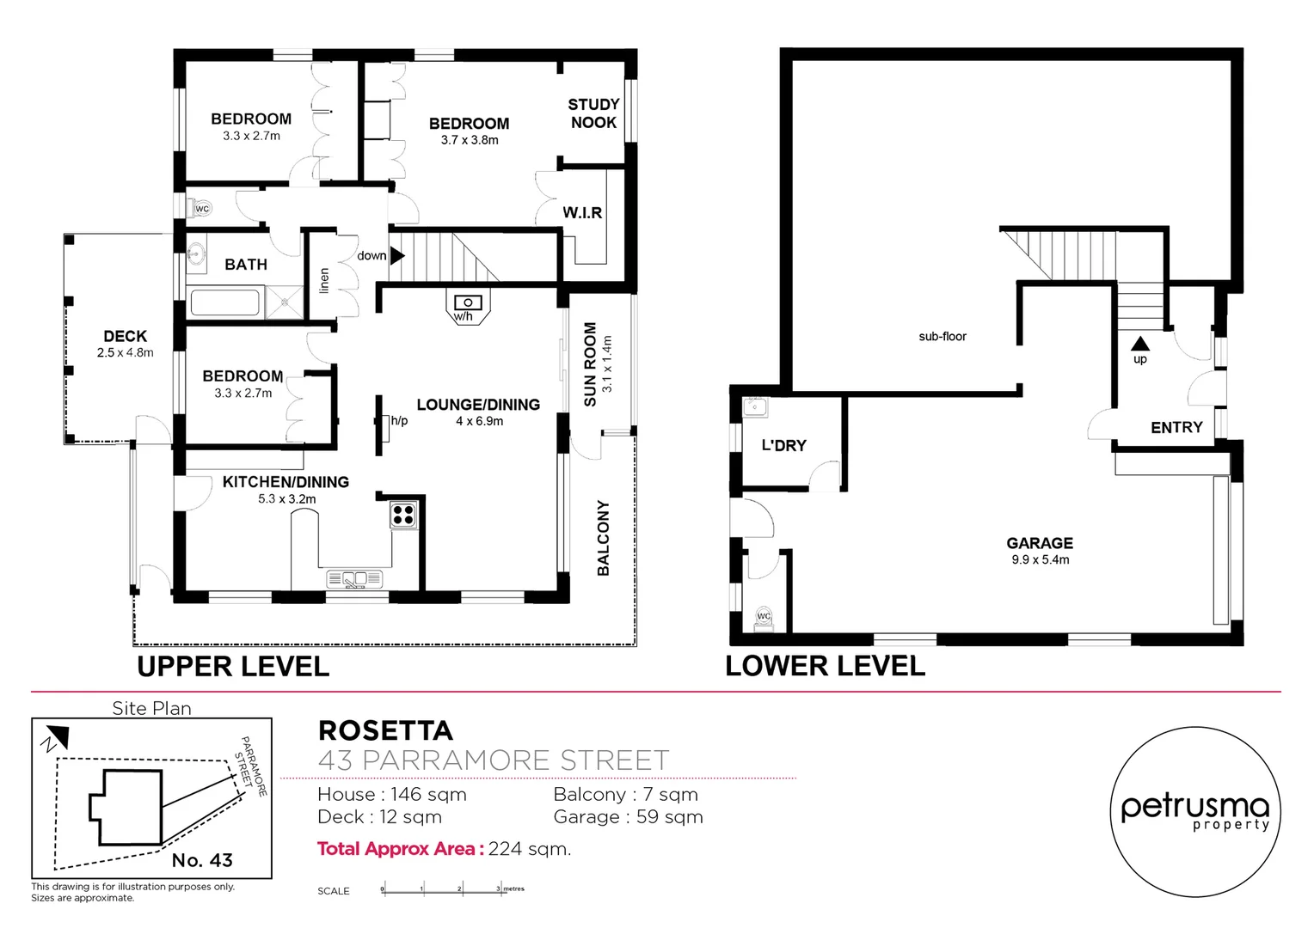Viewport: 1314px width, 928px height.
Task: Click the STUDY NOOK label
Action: coord(593,113)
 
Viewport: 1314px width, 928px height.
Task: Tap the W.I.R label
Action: coord(582,213)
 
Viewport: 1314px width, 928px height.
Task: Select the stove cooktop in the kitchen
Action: coord(403,515)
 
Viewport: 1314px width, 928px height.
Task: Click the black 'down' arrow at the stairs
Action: coord(396,255)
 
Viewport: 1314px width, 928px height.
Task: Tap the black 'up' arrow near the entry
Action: coord(1140,344)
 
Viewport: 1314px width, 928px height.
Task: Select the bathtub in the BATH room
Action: coord(224,303)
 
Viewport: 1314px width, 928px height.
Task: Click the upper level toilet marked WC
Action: coord(200,208)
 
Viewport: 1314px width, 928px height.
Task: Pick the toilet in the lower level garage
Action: coord(763,617)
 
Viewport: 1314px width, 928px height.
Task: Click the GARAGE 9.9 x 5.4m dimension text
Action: coord(1040,559)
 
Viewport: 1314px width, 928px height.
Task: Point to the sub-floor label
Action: coord(943,337)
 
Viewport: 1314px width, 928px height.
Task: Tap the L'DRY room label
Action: coord(783,445)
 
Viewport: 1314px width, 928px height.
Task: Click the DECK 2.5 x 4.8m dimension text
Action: coord(126,352)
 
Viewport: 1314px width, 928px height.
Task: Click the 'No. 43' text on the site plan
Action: coord(202,860)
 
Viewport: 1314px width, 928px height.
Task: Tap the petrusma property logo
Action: coord(1194,812)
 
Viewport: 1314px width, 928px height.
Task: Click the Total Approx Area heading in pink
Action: coord(396,849)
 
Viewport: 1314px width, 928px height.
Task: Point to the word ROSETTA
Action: coord(385,730)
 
